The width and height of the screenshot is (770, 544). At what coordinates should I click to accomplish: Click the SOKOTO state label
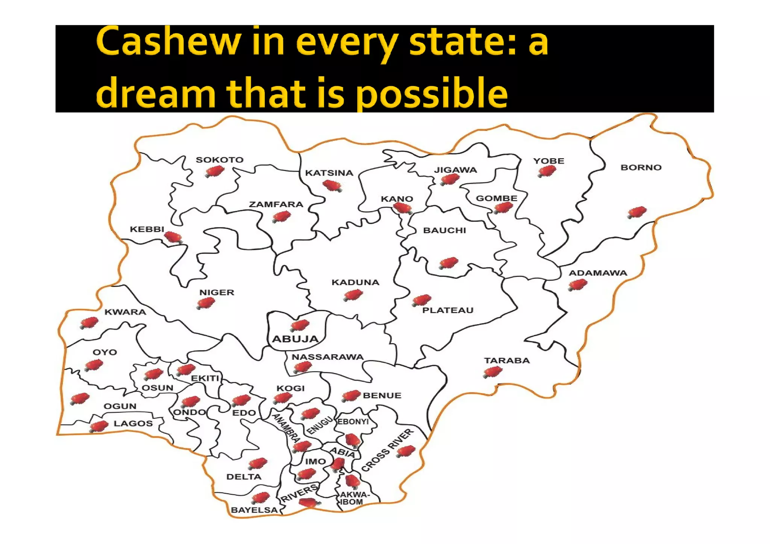point(220,160)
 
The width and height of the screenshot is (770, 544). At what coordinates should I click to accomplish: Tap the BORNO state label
point(641,168)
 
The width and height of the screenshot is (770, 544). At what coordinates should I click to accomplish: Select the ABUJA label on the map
point(295,339)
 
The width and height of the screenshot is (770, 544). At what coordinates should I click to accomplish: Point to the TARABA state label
point(507,361)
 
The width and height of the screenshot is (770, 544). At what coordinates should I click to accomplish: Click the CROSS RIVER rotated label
point(387,450)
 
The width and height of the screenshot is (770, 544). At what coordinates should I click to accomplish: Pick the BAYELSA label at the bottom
point(254,510)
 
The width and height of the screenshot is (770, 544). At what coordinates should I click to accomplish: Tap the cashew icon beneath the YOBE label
point(547,172)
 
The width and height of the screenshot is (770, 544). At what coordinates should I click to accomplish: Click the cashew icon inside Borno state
point(637,212)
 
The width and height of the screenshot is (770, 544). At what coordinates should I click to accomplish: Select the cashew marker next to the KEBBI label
point(173,237)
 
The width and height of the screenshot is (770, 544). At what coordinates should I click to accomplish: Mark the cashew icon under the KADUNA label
point(353,295)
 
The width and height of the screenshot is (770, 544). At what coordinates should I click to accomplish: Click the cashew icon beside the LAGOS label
point(99,426)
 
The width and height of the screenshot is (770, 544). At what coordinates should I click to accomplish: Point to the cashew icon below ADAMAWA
point(577,285)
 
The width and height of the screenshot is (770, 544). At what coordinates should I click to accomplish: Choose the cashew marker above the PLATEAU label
point(421,300)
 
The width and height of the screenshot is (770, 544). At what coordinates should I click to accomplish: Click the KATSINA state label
point(329,173)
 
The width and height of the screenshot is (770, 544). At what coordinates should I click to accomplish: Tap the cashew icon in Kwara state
point(89,323)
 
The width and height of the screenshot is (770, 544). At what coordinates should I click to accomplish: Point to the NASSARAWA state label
point(327,357)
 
